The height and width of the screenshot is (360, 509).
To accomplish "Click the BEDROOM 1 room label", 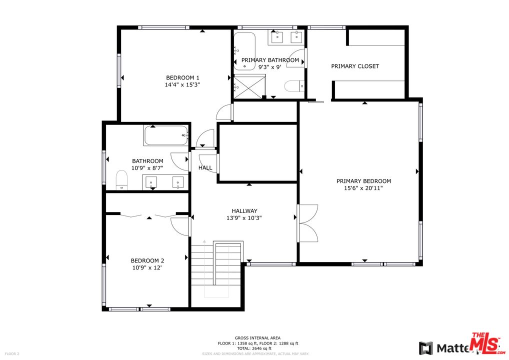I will [182, 77].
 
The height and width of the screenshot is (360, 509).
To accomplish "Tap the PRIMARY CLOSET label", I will [355, 66].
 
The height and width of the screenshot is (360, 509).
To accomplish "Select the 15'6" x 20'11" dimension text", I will [363, 188].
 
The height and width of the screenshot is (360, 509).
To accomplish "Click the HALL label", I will [205, 168].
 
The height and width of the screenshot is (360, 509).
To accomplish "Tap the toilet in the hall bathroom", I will [121, 179].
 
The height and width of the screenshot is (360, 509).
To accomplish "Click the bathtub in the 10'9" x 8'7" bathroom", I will [165, 135].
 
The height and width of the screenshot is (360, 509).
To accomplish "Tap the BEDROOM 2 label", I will [147, 260].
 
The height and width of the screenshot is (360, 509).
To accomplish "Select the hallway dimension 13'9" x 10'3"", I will [244, 218].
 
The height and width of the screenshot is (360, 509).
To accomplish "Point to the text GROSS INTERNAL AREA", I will [257, 338].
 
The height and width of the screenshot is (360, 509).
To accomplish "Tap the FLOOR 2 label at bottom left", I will [11, 354].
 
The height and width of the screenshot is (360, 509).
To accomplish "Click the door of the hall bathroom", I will [180, 161].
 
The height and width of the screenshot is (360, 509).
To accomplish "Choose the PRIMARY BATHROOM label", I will [270, 60].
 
